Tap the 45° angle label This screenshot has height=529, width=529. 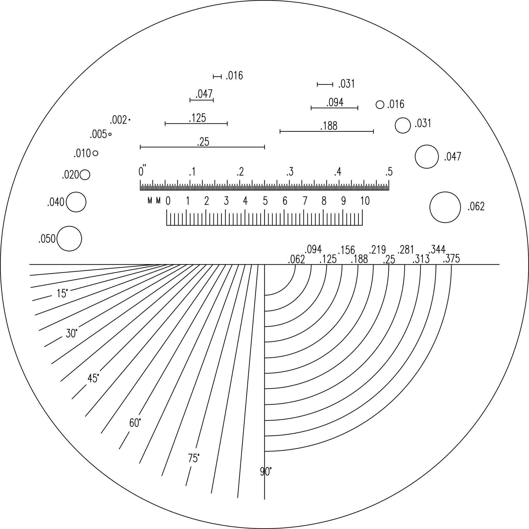point(93,378)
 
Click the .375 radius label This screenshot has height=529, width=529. point(451,259)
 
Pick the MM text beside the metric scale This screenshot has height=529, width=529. point(154,201)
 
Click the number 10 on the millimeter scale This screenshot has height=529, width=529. point(365,201)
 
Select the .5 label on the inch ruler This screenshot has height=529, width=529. point(389,172)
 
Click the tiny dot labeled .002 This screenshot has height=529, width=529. point(129,120)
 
